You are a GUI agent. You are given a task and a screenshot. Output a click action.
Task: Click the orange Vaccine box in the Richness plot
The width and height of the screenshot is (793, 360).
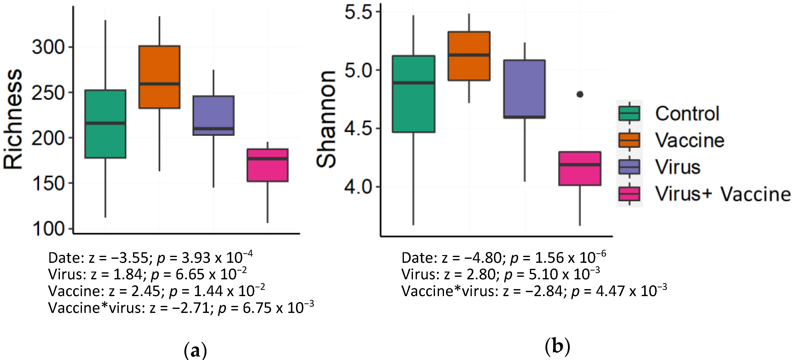click(159, 77)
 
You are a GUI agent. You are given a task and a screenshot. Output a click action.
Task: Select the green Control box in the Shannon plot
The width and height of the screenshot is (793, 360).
click(413, 94)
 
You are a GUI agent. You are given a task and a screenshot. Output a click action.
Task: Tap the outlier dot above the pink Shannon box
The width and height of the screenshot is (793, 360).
click(580, 94)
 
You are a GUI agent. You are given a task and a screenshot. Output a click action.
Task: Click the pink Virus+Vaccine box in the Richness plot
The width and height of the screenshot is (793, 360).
click(268, 165)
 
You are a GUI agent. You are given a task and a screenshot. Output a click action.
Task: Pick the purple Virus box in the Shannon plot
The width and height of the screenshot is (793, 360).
click(524, 89)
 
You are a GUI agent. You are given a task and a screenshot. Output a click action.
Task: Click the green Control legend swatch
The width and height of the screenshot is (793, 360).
click(629, 113)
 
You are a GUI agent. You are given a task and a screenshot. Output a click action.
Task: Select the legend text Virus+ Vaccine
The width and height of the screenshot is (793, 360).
click(722, 194)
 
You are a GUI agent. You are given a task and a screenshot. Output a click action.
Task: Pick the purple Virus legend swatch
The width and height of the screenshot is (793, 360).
click(629, 167)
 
